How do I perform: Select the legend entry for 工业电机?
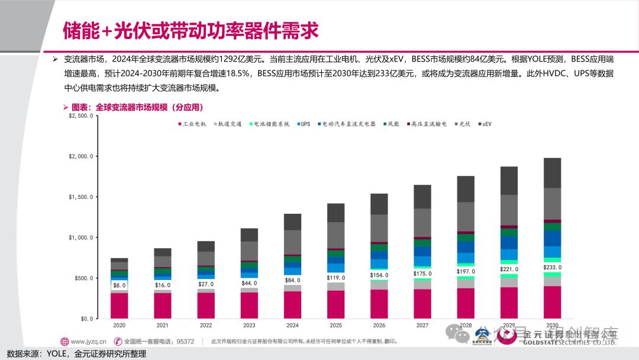click(193, 124)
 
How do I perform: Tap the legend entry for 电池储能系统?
click(271, 124)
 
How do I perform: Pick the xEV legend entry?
click(485, 124)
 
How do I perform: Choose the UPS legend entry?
click(304, 124)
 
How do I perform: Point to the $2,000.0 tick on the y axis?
click(80, 156)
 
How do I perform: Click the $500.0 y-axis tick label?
click(83, 278)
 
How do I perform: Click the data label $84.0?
click(292, 280)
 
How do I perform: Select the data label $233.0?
click(553, 267)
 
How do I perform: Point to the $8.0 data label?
click(120, 285)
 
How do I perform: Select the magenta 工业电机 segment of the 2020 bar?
click(120, 306)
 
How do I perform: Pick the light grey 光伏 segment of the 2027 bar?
click(422, 223)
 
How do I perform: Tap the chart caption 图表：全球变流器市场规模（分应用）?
click(137, 107)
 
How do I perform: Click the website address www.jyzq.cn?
click(88, 341)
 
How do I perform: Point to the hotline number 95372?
click(185, 341)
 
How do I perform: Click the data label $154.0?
click(379, 275)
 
